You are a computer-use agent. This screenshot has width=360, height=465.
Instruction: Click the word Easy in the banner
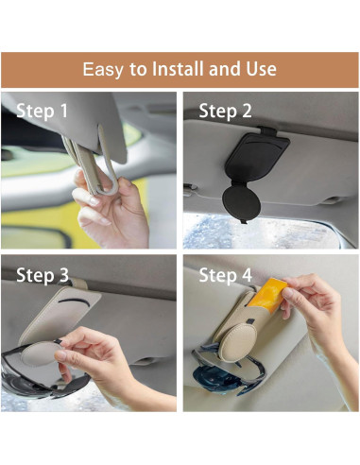102,70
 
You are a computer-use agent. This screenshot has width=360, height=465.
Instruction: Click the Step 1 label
43,111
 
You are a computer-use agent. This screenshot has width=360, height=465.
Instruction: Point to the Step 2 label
225,111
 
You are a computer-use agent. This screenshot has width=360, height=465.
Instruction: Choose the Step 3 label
43,275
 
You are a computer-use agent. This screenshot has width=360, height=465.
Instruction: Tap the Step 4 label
225,275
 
